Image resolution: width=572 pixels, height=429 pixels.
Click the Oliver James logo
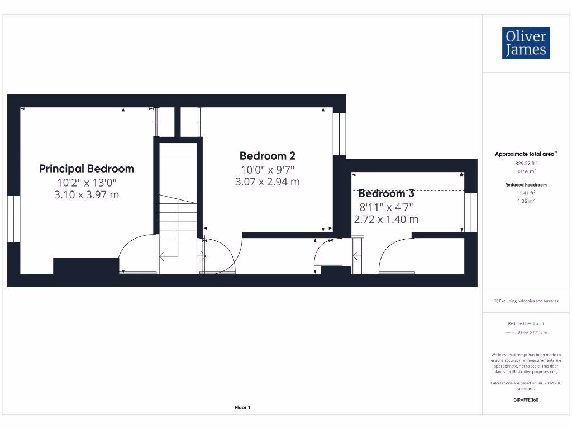526,43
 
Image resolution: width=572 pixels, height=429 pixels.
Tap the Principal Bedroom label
87,169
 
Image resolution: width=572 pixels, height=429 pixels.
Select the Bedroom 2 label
267,156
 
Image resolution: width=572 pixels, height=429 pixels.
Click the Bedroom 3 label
386,194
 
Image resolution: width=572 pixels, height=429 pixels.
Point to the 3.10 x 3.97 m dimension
87,195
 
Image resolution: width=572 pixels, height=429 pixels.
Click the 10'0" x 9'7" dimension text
267,169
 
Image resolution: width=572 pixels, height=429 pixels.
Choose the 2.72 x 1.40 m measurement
386,219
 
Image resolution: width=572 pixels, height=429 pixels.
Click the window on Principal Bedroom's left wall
14,219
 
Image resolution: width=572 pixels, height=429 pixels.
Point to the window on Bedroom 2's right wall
339,134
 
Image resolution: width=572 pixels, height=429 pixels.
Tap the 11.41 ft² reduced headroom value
526,193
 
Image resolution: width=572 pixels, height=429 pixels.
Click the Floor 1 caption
242,408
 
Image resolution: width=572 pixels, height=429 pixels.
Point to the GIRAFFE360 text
526,400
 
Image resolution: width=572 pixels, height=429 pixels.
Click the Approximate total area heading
526,154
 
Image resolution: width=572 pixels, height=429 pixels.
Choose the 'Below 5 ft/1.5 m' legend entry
532,332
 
